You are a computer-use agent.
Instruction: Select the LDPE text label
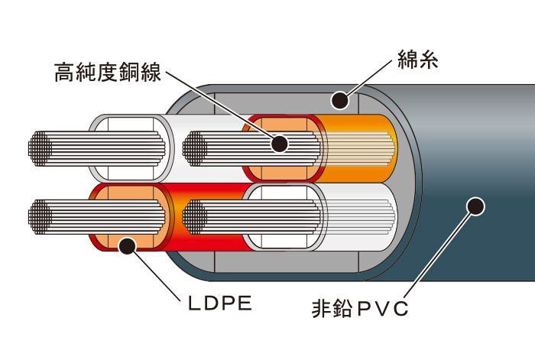coord(219,304)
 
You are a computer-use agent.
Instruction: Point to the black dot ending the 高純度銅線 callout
coord(280,143)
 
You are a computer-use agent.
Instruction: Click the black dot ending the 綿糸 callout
coord(339,100)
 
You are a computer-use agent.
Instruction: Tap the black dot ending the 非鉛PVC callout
coord(475,206)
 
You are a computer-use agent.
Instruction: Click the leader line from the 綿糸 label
coord(369,79)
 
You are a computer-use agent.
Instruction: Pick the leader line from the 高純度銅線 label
coord(222,107)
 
